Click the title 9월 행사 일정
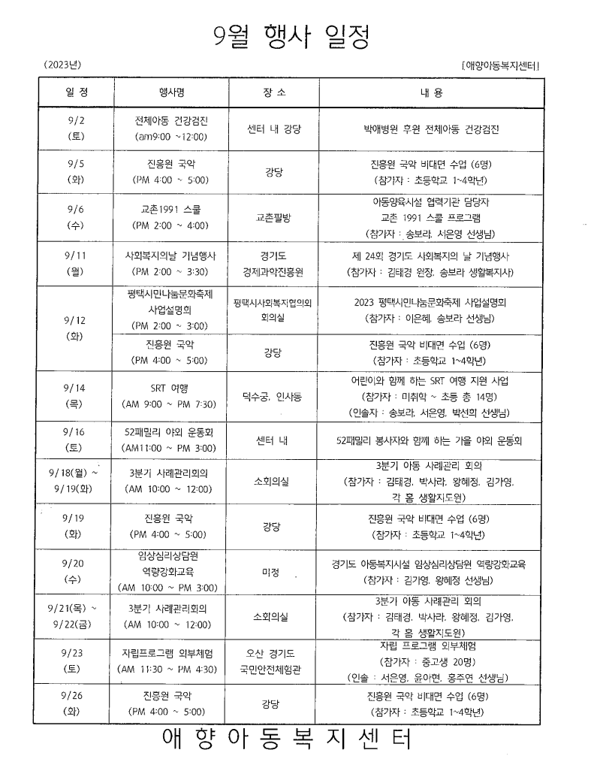[291, 35]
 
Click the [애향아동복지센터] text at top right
[502, 66]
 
